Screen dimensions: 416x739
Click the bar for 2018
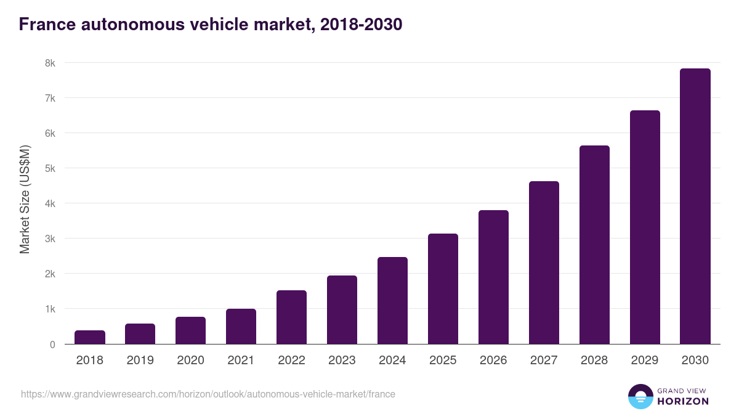pyautogui.click(x=90, y=337)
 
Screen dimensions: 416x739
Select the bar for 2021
pyautogui.click(x=241, y=327)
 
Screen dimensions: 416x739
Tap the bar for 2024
pyautogui.click(x=392, y=301)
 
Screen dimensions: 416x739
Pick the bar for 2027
pyautogui.click(x=544, y=263)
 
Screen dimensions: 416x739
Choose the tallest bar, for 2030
pyautogui.click(x=695, y=206)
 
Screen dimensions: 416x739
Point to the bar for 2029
pyautogui.click(x=645, y=227)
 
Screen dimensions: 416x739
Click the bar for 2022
pyautogui.click(x=291, y=317)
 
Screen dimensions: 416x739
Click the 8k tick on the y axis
pyautogui.click(x=49, y=63)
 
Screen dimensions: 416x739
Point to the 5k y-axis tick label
pyautogui.click(x=49, y=168)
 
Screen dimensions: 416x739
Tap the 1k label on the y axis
pyautogui.click(x=49, y=309)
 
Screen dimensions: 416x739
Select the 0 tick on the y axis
pyautogui.click(x=52, y=345)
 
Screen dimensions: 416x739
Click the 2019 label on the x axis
pyautogui.click(x=140, y=361)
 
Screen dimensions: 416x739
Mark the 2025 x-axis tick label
pyautogui.click(x=443, y=361)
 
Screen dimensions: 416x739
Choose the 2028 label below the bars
pyautogui.click(x=594, y=361)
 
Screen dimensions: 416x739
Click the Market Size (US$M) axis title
pyautogui.click(x=25, y=199)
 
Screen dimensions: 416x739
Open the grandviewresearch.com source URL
pyautogui.click(x=208, y=394)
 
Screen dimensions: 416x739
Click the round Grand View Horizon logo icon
pyautogui.click(x=640, y=396)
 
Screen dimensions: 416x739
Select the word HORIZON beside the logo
pyautogui.click(x=683, y=401)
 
